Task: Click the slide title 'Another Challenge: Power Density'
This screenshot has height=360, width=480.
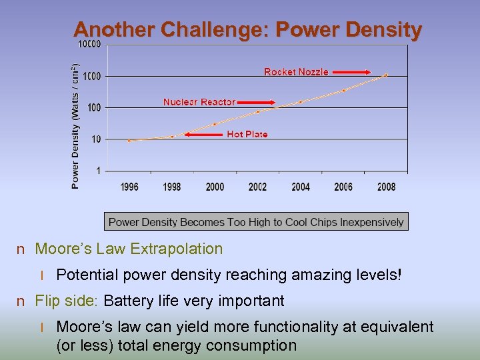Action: coord(247,30)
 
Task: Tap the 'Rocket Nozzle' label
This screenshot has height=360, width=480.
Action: coord(296,72)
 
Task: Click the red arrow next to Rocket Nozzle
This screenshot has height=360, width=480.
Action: coord(351,72)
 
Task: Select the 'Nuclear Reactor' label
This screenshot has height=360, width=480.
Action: coord(199,102)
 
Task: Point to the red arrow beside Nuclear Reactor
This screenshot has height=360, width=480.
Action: coord(257,103)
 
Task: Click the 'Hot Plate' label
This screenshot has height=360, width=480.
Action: coord(247,134)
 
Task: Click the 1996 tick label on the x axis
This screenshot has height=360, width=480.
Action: coord(129,187)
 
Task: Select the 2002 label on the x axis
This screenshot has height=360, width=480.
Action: coord(257,187)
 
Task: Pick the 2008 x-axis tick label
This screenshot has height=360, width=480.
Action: coord(386,187)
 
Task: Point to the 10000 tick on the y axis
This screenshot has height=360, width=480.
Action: coord(90,45)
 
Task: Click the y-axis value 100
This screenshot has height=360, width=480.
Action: coord(93,107)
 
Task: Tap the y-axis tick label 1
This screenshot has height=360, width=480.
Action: coord(99,171)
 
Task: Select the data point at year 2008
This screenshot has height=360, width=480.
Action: coord(386,75)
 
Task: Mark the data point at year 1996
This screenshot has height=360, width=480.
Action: coord(129,141)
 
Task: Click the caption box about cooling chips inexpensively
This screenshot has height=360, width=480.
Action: coord(256,222)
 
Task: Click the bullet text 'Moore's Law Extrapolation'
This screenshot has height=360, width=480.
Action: coord(129,249)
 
